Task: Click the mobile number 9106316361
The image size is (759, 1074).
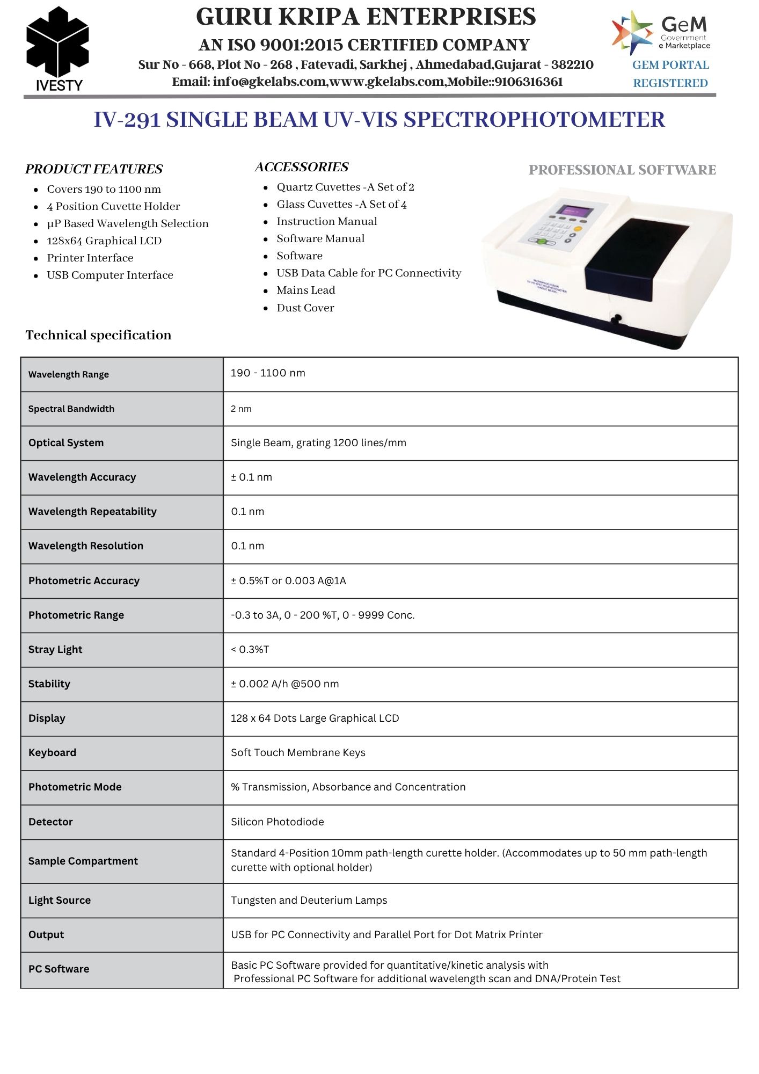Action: (x=528, y=82)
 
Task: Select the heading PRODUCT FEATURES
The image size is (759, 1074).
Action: (x=93, y=169)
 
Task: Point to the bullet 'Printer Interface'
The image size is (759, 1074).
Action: (x=90, y=258)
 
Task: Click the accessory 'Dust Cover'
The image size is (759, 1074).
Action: (x=305, y=308)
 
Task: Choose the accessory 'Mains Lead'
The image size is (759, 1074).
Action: (x=305, y=290)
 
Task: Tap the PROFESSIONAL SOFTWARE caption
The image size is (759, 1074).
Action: (x=622, y=170)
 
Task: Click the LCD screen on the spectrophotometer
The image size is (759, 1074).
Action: (x=573, y=209)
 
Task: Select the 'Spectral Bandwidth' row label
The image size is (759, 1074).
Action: (x=71, y=409)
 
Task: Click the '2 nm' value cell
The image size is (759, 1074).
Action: (x=241, y=409)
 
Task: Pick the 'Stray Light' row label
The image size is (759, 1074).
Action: (x=55, y=649)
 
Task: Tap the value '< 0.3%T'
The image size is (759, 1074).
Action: (x=250, y=649)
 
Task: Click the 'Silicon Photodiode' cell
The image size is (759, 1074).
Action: (x=277, y=822)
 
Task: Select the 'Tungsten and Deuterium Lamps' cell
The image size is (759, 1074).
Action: (x=309, y=900)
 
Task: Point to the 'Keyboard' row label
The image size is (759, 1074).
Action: (x=52, y=752)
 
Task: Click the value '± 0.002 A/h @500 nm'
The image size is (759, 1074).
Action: (x=284, y=684)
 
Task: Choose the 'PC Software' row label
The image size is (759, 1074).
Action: (x=59, y=969)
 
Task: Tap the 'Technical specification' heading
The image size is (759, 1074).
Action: (x=98, y=335)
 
